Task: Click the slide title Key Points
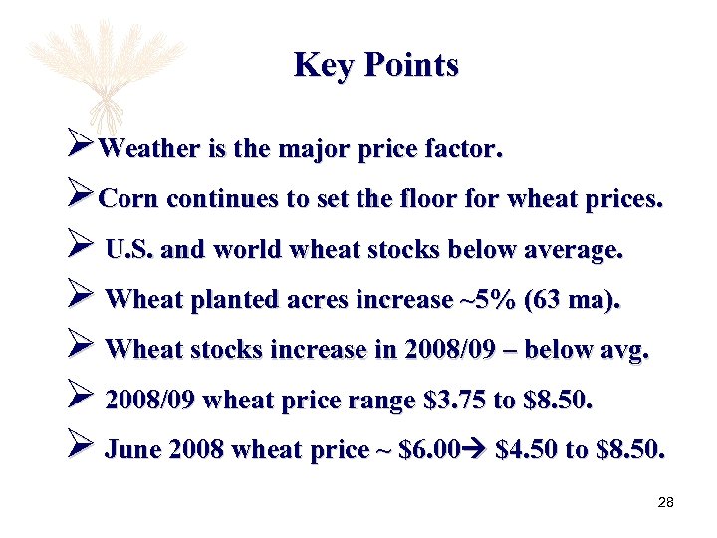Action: pyautogui.click(x=376, y=65)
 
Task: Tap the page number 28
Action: pyautogui.click(x=666, y=502)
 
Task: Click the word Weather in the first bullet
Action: pyautogui.click(x=150, y=150)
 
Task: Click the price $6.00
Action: pyautogui.click(x=428, y=450)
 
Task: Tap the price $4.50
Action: pyautogui.click(x=527, y=450)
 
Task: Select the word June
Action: pyautogui.click(x=132, y=450)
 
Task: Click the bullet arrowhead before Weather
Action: pyautogui.click(x=79, y=149)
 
